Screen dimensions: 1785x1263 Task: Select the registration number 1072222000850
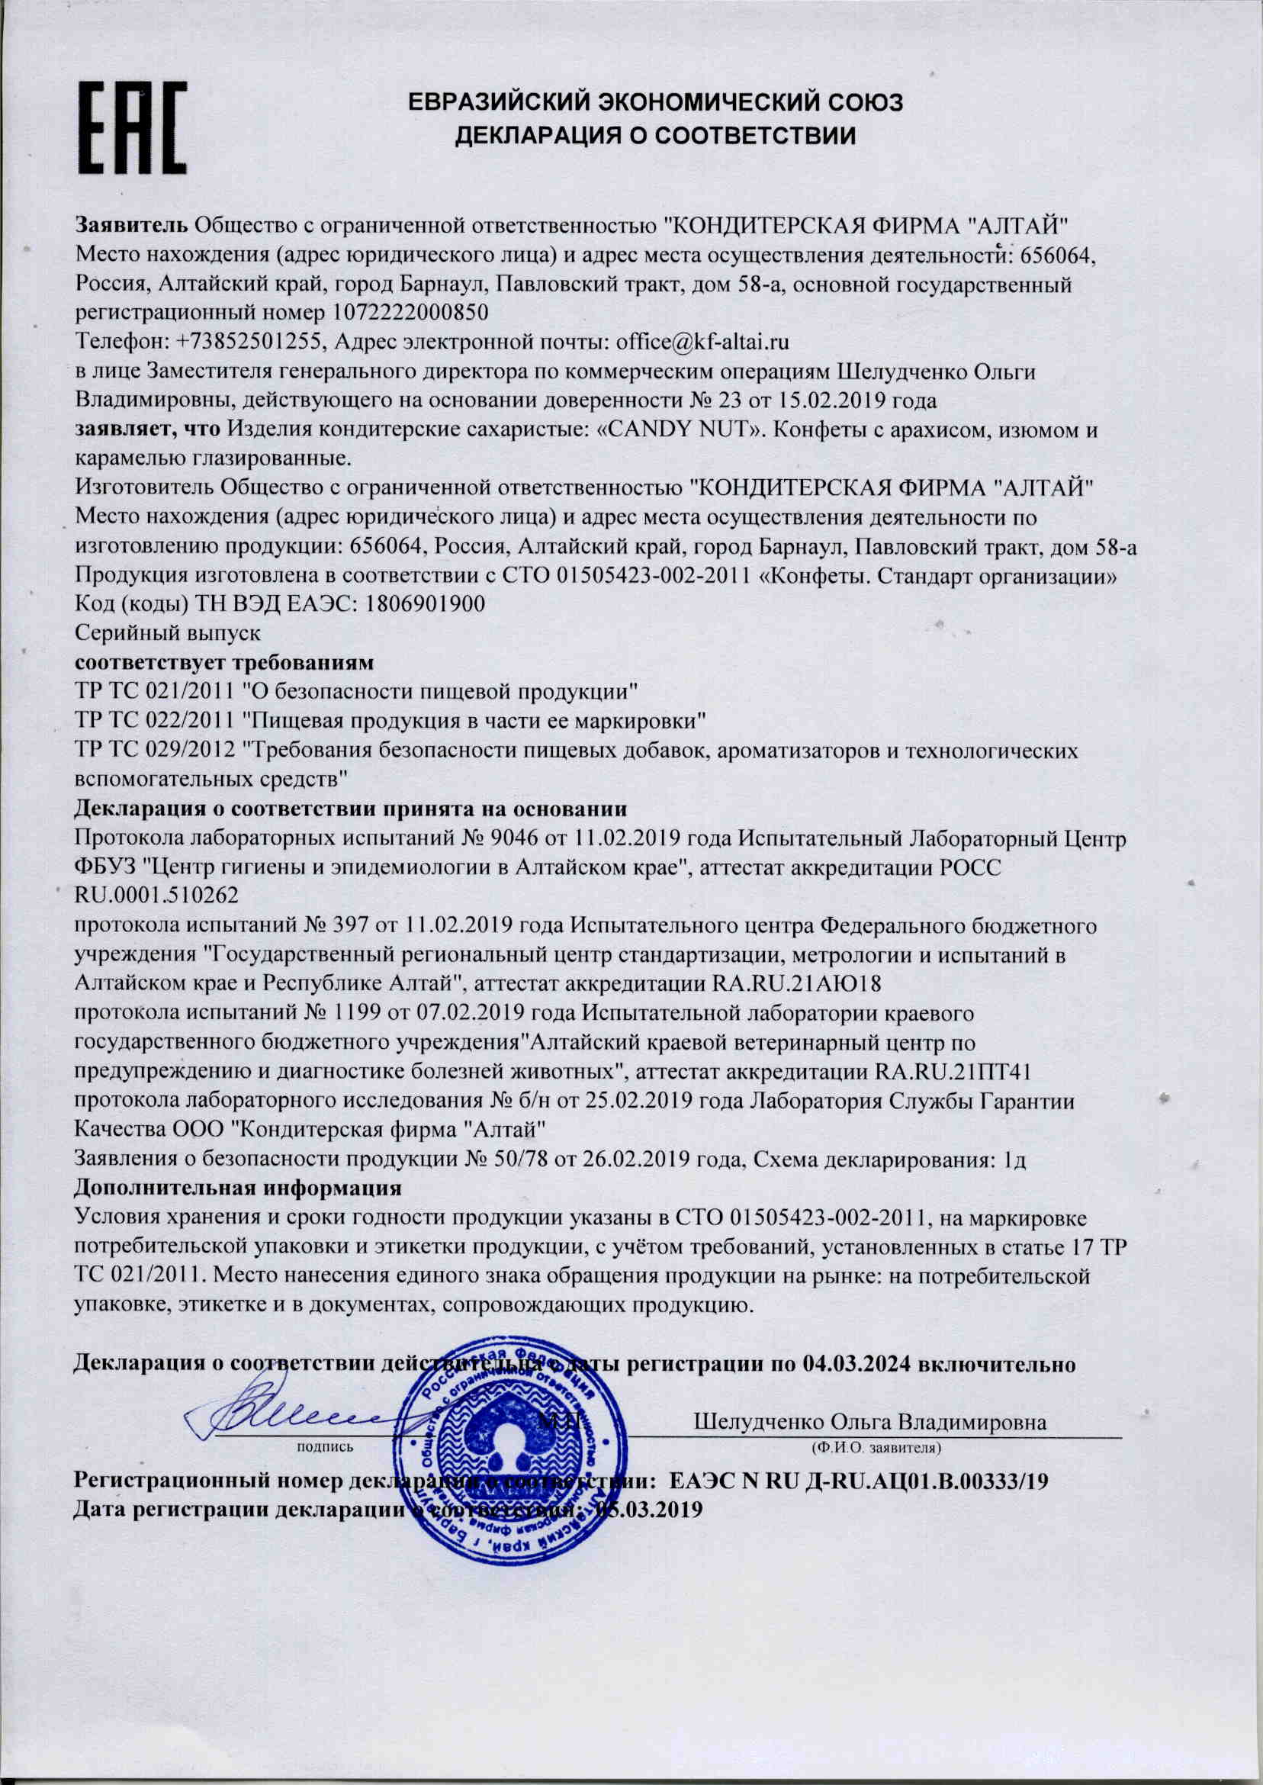(410, 313)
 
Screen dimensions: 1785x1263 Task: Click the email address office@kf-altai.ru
(703, 342)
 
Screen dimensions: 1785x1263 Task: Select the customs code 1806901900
(421, 603)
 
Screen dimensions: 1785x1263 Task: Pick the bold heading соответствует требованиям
(224, 663)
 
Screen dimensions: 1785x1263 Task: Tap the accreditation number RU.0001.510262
(156, 896)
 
